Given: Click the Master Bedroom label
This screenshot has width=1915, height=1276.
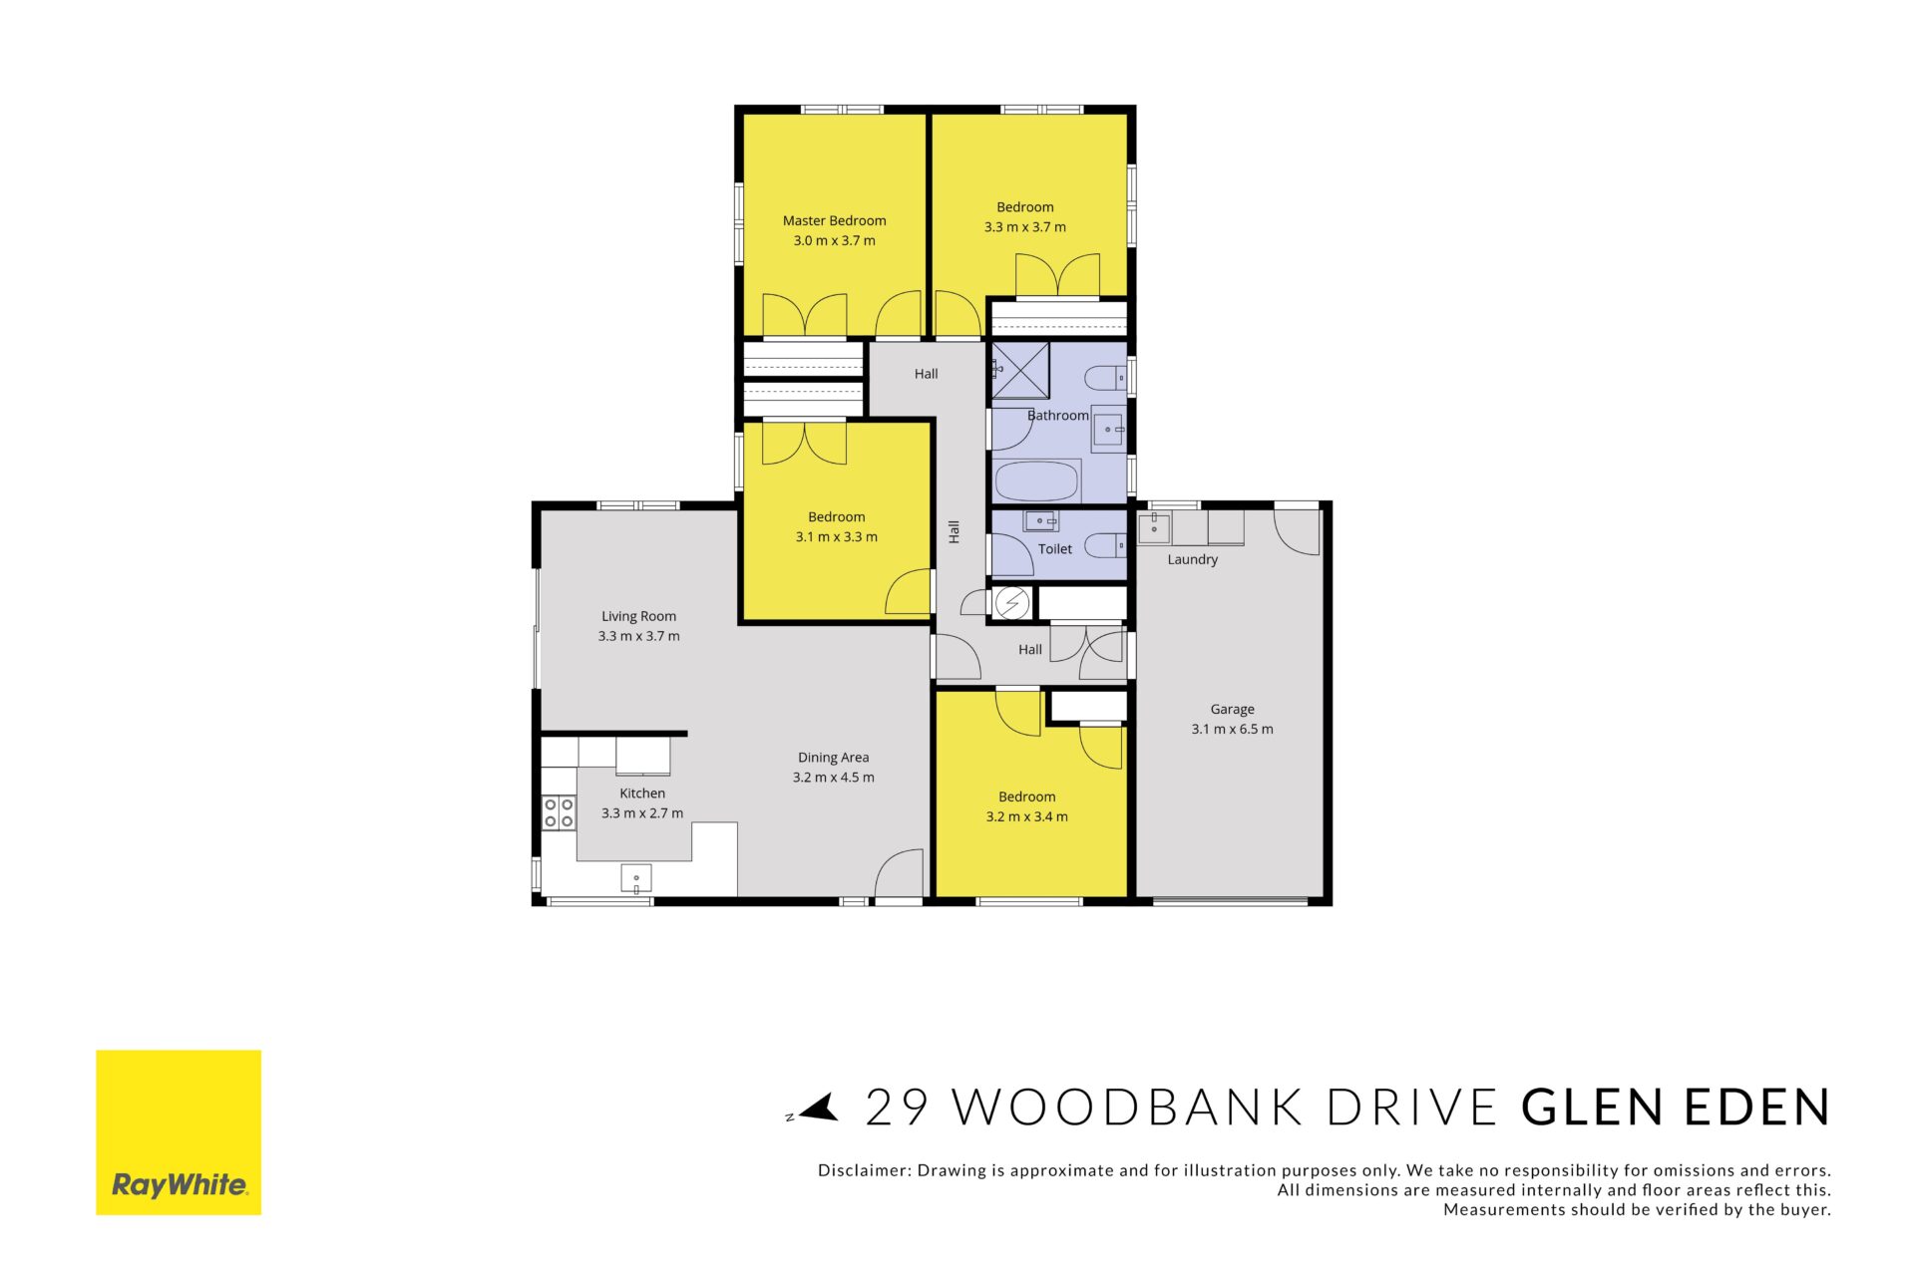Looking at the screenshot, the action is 834,220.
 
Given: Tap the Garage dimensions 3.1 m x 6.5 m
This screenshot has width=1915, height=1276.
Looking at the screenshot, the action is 1232,729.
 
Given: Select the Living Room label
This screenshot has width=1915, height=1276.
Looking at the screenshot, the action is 638,616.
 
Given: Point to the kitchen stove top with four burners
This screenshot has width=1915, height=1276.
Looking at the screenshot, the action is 559,812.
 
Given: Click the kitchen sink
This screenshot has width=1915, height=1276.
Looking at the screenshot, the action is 636,878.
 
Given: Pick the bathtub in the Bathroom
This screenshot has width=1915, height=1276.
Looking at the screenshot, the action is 1037,480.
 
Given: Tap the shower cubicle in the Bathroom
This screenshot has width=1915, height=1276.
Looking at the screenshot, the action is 1020,370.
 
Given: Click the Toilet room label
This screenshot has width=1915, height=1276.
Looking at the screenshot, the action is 1055,549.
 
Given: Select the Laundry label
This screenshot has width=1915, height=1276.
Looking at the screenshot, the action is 1193,559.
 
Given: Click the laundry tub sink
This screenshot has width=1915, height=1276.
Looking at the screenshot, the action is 1154,527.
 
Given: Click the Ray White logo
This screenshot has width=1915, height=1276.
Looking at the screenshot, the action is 179,1132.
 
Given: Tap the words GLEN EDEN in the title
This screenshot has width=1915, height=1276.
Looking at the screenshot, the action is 1677,1108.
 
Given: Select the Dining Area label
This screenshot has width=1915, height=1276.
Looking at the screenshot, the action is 833,758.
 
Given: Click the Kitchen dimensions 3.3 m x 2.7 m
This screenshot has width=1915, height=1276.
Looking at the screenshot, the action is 642,813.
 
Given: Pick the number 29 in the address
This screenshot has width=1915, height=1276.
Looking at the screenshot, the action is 897,1108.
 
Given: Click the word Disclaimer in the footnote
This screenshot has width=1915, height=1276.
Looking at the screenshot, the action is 863,1170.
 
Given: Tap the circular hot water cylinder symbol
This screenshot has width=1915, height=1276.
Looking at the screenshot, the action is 1013,603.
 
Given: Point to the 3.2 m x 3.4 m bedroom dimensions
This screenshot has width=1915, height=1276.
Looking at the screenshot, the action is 1026,816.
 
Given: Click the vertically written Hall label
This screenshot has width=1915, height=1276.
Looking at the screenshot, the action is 955,531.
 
